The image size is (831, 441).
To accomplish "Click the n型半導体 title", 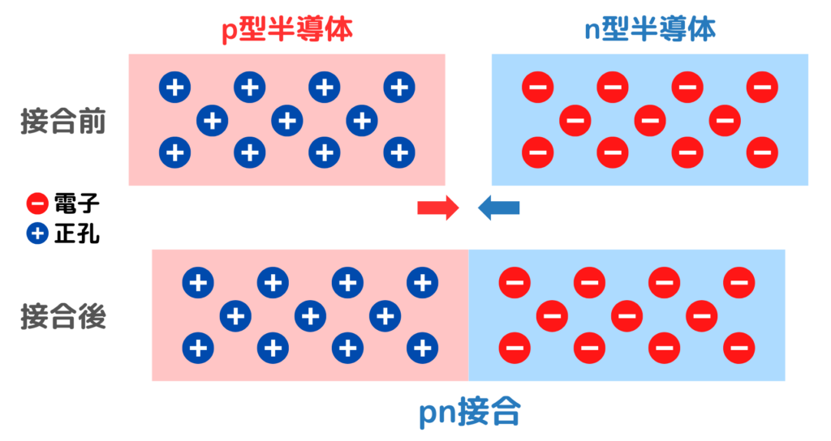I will (650, 30).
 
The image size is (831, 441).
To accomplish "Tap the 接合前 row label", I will (63, 122).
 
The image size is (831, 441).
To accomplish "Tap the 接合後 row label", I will (63, 317).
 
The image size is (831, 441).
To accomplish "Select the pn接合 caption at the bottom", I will (469, 414).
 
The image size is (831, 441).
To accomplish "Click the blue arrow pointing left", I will (498, 208).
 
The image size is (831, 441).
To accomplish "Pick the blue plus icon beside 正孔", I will (37, 234).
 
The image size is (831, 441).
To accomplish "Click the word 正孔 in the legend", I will (77, 234).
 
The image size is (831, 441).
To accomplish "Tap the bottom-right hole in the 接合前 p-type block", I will (398, 151).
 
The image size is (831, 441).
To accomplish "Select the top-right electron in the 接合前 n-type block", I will (762, 87).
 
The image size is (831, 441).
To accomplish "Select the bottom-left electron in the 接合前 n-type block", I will (537, 151).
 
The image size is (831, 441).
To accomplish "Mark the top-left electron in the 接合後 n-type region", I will (515, 283).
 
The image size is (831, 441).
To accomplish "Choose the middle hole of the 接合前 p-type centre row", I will (286, 121).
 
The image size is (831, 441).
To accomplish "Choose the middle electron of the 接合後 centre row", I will (626, 315).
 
